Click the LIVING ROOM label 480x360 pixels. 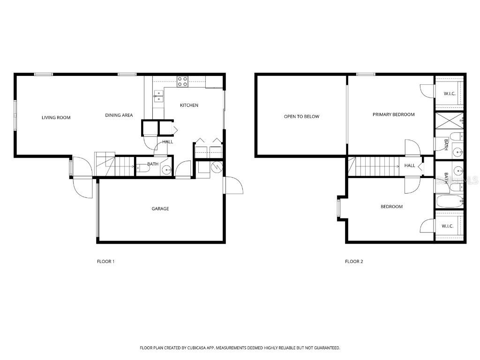[x=56, y=118]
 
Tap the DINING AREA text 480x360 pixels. [x=119, y=115]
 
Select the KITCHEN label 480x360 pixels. [x=189, y=105]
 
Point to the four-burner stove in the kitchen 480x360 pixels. [x=182, y=82]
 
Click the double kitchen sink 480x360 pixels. [x=158, y=96]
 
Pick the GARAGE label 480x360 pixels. [x=160, y=209]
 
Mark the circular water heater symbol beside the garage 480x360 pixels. [x=217, y=166]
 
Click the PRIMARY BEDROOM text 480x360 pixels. [x=393, y=114]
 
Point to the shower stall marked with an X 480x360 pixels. [x=449, y=121]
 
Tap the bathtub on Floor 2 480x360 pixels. [x=449, y=202]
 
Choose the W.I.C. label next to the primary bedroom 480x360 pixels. [x=450, y=94]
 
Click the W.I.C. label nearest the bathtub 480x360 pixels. [x=448, y=226]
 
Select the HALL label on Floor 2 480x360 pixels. [x=410, y=165]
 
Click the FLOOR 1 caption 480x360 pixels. [x=105, y=262]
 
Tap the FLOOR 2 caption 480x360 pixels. [x=354, y=262]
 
